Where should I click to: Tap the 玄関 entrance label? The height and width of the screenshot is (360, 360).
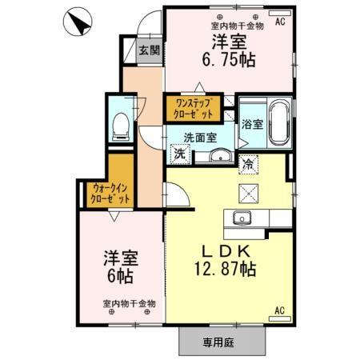[148, 50]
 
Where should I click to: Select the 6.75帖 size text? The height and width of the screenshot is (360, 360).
[222, 58]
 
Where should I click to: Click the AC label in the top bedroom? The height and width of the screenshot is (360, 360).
[280, 22]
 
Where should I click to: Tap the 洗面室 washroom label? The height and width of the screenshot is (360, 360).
[200, 137]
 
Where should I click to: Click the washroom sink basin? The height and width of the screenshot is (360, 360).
[216, 155]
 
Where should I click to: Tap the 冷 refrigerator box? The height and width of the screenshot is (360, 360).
[248, 162]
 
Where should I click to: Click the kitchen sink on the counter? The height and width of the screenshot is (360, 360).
[241, 218]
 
